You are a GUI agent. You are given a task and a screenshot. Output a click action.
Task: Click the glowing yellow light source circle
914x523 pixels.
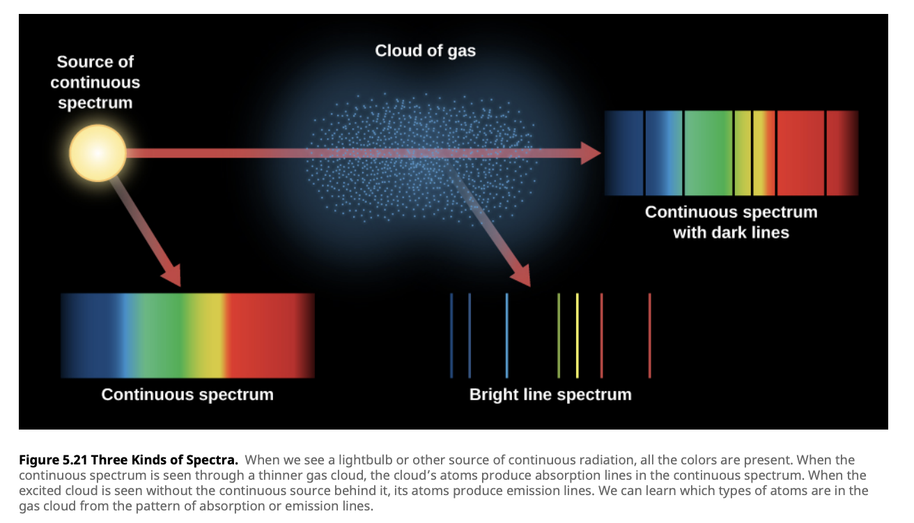pyautogui.click(x=98, y=153)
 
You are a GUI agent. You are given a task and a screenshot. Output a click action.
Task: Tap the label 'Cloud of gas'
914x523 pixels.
pyautogui.click(x=425, y=51)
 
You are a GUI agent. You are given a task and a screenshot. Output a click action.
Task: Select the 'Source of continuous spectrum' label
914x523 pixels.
pyautogui.click(x=95, y=82)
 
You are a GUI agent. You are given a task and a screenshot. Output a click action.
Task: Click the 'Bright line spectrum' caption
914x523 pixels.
pyautogui.click(x=550, y=395)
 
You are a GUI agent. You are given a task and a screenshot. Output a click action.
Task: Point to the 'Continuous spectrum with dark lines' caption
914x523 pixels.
pyautogui.click(x=731, y=222)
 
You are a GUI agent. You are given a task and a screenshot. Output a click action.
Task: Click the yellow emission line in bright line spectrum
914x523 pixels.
pyautogui.click(x=578, y=335)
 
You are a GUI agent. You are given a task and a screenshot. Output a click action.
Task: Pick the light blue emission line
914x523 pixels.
pyautogui.click(x=506, y=335)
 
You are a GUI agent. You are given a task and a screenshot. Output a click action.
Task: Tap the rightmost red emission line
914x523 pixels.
pyautogui.click(x=649, y=335)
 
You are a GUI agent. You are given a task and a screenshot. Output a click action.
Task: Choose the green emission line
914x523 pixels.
pyautogui.click(x=559, y=335)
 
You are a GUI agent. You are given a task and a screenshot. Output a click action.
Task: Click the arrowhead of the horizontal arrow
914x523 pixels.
pyautogui.click(x=591, y=153)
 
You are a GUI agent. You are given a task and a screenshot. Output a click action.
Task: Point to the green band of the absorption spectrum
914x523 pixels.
pyautogui.click(x=708, y=153)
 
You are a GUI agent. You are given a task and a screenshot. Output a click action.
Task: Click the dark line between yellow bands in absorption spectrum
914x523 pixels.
pyautogui.click(x=752, y=153)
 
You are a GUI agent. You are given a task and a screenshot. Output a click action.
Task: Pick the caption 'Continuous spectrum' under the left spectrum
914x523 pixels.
pyautogui.click(x=187, y=395)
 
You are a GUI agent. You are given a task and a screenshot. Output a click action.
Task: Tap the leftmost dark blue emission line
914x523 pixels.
pyautogui.click(x=451, y=335)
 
